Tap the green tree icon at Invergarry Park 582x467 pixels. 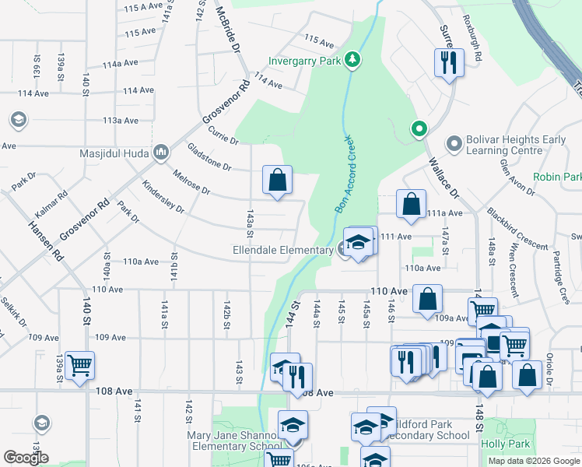352,60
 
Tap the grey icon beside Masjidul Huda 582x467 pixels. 162,151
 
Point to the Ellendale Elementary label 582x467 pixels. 282,250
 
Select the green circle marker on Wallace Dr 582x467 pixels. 419,129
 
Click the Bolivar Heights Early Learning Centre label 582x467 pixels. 516,144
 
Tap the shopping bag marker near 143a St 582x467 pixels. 278,181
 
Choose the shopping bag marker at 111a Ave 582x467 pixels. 412,205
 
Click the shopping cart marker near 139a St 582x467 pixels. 80,365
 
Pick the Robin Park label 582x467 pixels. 556,177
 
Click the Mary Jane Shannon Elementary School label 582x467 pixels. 233,441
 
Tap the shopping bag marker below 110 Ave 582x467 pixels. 427,300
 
